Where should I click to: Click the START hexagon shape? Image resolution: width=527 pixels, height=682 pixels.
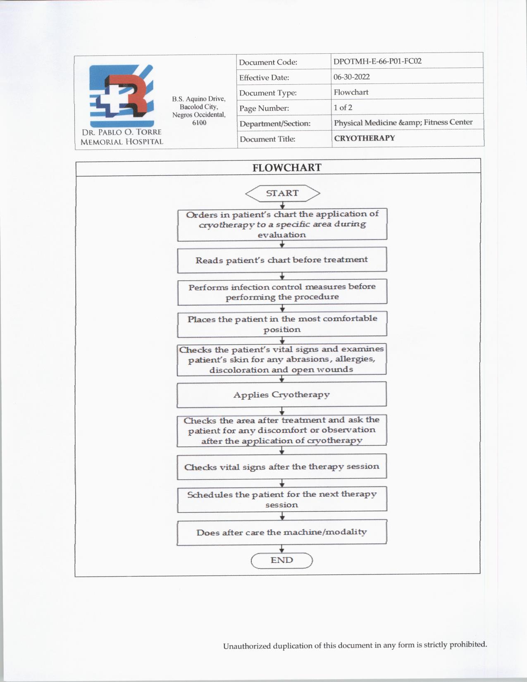click(x=282, y=193)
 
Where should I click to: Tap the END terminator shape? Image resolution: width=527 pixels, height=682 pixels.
click(x=281, y=560)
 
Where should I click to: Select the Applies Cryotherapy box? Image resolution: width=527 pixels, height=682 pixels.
click(x=281, y=394)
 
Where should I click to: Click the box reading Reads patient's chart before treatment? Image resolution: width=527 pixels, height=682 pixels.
click(x=282, y=260)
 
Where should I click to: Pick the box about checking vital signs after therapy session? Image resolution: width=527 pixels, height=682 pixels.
click(x=281, y=467)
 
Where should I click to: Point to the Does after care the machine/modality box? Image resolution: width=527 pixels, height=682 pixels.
click(x=281, y=532)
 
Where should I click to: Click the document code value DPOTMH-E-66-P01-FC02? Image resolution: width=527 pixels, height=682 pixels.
click(x=377, y=61)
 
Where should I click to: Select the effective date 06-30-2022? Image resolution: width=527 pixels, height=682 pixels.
click(x=352, y=77)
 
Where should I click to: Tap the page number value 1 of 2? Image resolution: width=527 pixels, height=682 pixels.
click(x=343, y=107)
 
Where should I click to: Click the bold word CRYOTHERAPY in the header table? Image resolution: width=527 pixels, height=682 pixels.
click(x=364, y=138)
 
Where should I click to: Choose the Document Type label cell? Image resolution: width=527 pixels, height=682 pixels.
click(x=268, y=93)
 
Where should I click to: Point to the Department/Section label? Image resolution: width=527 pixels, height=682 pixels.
click(x=275, y=124)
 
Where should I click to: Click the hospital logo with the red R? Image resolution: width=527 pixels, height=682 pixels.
click(x=122, y=95)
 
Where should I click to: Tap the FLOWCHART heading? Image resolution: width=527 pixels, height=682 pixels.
click(x=287, y=167)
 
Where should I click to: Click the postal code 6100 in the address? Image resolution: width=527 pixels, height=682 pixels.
click(x=199, y=123)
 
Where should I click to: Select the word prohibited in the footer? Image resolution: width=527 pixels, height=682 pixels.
click(x=468, y=644)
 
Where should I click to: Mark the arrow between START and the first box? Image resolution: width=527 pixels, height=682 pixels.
click(x=282, y=205)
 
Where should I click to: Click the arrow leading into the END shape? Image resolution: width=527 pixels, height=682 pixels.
click(x=282, y=549)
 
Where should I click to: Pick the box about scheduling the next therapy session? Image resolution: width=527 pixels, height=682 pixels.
click(x=281, y=499)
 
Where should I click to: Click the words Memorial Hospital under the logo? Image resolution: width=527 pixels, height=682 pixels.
click(x=122, y=142)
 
